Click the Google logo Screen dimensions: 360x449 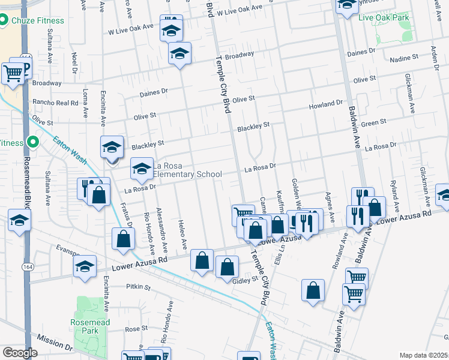pyautogui.click(x=20, y=353)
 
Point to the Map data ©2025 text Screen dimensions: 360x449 pyautogui.click(x=423, y=355)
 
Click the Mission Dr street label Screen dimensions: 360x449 pyautogui.click(x=54, y=342)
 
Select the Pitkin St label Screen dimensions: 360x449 pyautogui.click(x=138, y=287)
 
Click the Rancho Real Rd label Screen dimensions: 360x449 pyautogui.click(x=55, y=103)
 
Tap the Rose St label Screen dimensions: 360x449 pyautogui.click(x=136, y=328)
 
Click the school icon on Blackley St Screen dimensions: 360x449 pyautogui.click(x=112, y=147)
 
